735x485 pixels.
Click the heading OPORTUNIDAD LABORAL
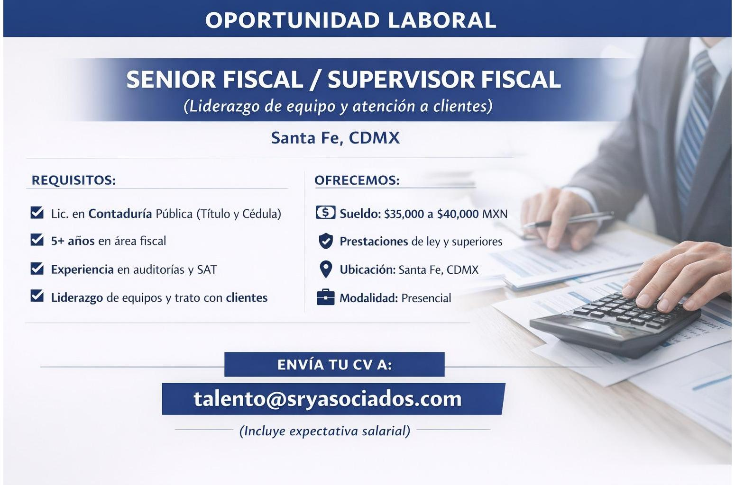click(350, 20)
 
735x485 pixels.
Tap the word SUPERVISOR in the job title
click(401, 80)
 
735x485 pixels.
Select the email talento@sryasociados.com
click(328, 399)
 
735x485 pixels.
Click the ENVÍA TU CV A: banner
click(334, 364)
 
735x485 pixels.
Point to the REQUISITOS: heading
click(73, 180)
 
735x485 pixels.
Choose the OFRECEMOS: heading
click(357, 180)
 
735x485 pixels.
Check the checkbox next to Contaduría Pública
click(37, 212)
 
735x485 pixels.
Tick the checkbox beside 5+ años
click(37, 240)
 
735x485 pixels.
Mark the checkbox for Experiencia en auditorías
click(37, 268)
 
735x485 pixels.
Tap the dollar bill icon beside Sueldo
click(325, 212)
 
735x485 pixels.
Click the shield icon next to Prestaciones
click(326, 241)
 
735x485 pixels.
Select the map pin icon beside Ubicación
click(326, 269)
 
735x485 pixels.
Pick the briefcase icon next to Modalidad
click(325, 297)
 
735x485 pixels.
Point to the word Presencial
click(426, 298)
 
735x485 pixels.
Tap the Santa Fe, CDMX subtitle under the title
click(335, 138)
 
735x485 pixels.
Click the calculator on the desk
click(616, 323)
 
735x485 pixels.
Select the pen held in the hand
click(568, 220)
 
